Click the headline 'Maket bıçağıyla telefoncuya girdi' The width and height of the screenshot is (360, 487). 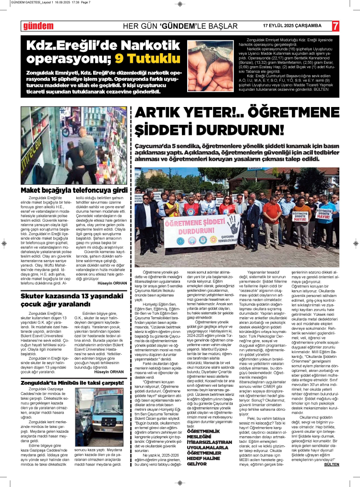73,190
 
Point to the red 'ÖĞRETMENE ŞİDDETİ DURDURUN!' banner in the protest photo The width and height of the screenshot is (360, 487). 191,226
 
